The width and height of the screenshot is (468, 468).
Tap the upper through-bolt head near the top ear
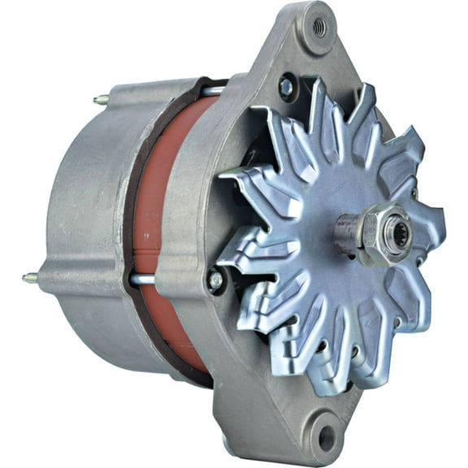[x=285, y=85]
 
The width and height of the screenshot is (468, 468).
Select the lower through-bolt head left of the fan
[x=215, y=279]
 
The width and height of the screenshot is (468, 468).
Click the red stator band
[x=154, y=219]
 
